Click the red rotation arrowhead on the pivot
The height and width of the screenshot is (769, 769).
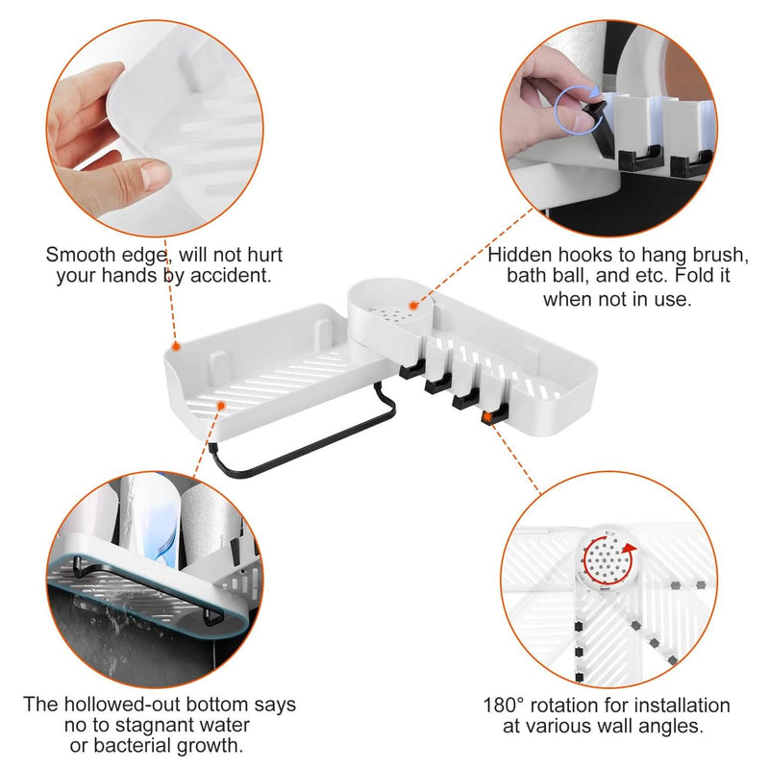click(630, 548)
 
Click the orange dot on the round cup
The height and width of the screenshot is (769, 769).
click(413, 306)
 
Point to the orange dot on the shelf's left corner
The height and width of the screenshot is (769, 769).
click(176, 347)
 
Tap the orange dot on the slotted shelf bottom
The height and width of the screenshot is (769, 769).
click(221, 406)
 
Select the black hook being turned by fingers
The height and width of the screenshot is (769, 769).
click(599, 123)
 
